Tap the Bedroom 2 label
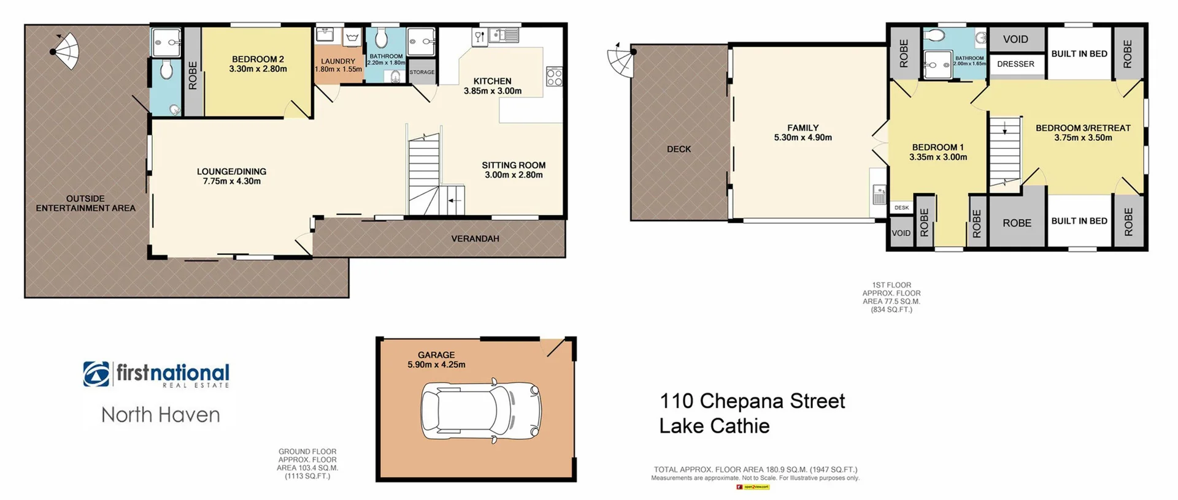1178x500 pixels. tap(258, 59)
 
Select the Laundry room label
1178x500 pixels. tap(338, 61)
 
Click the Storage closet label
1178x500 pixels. tap(422, 72)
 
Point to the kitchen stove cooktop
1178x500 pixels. tap(554, 77)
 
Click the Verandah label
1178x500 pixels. tap(475, 238)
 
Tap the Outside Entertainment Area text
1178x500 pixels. tap(85, 203)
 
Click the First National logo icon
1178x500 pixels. tap(96, 374)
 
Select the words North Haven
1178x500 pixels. tap(161, 415)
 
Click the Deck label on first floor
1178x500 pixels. tap(679, 149)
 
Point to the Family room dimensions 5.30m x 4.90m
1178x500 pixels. tap(803, 138)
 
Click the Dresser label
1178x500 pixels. tap(1015, 64)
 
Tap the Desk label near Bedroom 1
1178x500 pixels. tap(901, 208)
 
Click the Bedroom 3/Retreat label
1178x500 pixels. tap(1083, 128)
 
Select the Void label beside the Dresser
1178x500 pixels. tap(1015, 39)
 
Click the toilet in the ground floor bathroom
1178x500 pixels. tap(381, 39)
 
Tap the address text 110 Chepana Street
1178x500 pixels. tap(752, 401)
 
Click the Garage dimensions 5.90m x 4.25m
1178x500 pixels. tap(436, 365)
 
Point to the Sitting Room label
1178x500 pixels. tap(514, 165)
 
